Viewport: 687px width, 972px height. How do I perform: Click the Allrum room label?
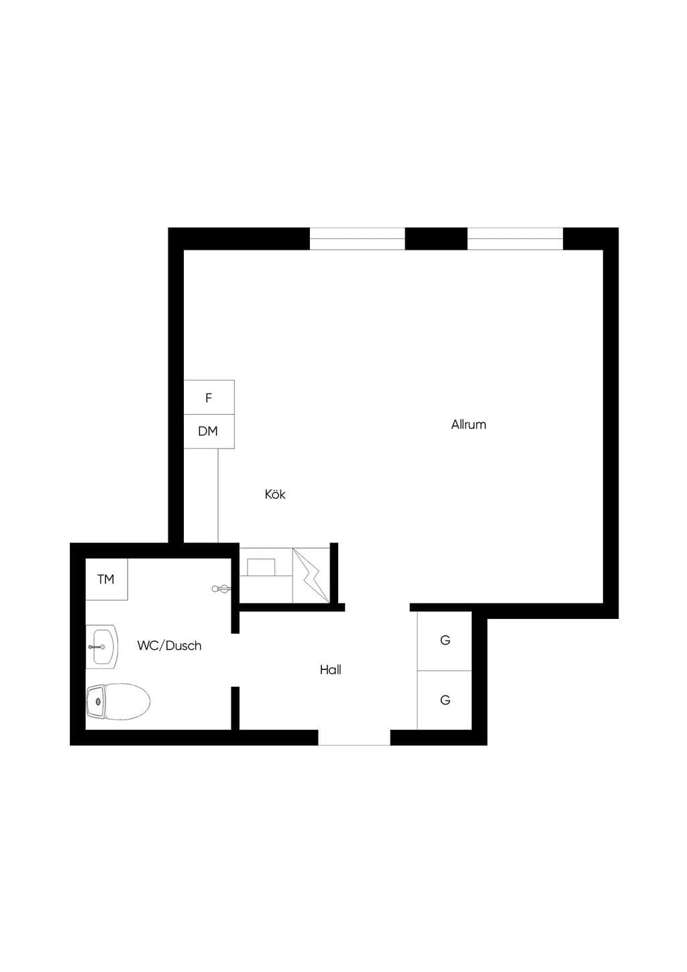click(468, 424)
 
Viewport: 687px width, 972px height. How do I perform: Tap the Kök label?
click(275, 494)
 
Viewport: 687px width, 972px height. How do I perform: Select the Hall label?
click(331, 669)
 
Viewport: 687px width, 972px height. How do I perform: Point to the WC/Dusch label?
click(169, 645)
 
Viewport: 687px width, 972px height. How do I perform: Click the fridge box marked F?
click(209, 397)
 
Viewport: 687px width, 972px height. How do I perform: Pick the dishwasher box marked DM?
click(209, 432)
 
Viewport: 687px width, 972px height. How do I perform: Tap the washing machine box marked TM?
click(106, 579)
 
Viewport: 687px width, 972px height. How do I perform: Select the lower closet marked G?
click(444, 700)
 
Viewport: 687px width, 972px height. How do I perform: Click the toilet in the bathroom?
click(118, 701)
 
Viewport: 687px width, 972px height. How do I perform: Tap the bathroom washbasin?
click(101, 646)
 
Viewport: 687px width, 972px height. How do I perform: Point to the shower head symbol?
click(221, 589)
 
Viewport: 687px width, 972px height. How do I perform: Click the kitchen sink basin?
click(261, 567)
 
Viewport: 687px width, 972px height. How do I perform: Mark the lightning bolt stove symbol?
click(311, 575)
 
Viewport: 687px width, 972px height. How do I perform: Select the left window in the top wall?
click(358, 239)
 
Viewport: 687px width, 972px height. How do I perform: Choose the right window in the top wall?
click(515, 239)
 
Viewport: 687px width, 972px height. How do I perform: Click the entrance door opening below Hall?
click(354, 738)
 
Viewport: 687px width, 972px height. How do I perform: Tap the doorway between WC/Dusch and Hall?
click(235, 660)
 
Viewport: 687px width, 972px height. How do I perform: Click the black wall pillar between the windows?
click(436, 239)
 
